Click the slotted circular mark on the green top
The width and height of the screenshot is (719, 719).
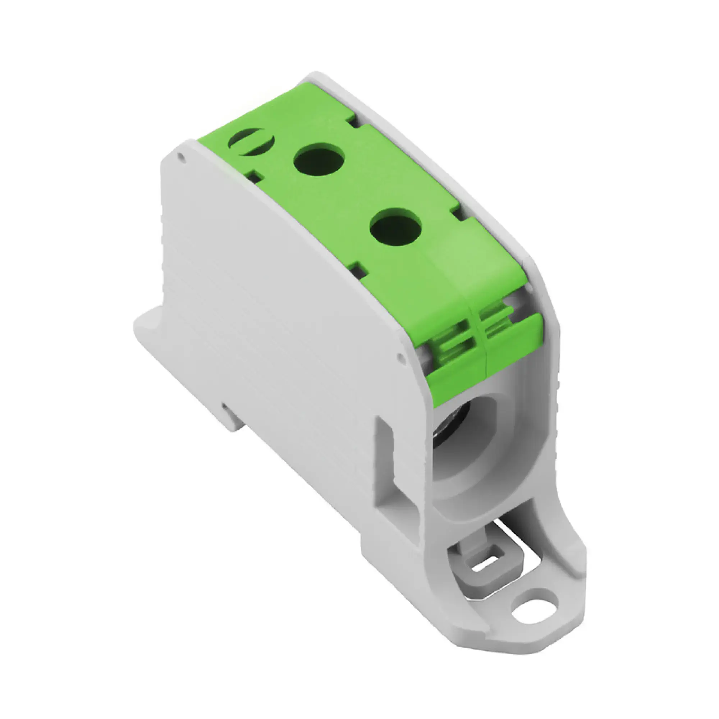(x=252, y=142)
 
